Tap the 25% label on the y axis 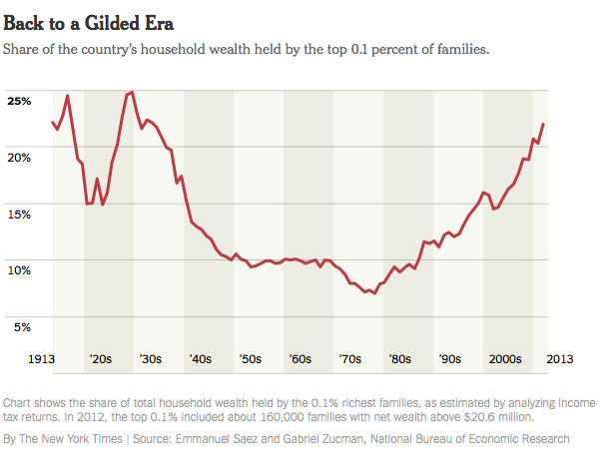19,101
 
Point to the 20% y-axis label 19,157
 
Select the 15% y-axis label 19,214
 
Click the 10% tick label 19,269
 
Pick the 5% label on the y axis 22,326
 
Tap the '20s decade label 100,358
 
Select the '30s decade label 150,358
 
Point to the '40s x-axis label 200,358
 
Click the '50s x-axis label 250,358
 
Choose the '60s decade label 300,358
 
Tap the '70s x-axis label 349,358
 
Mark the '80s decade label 399,358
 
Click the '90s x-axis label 449,358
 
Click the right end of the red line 543,124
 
